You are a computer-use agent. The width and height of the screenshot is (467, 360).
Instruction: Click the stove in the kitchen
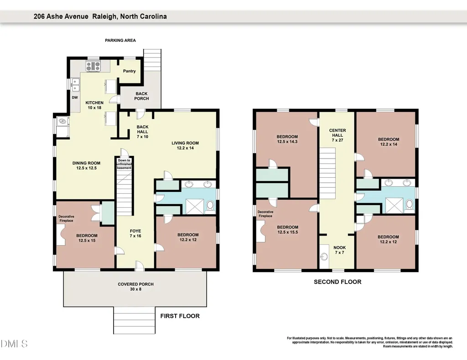click(93, 66)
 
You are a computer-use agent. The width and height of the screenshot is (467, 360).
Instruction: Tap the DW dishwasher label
click(75, 98)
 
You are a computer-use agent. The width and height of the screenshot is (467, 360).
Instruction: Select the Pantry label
click(129, 71)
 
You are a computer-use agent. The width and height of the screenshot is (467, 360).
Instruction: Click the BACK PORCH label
click(141, 96)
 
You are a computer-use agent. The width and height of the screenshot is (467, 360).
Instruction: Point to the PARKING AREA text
click(120, 41)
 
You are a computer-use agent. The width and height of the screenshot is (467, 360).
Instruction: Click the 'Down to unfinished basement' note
click(124, 164)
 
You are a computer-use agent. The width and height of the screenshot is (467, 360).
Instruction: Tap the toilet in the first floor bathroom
click(210, 206)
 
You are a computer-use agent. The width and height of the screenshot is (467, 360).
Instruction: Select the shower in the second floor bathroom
click(394, 206)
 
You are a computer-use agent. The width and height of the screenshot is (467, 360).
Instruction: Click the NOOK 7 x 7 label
click(339, 250)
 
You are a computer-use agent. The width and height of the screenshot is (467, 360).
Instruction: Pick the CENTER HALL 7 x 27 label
click(337, 135)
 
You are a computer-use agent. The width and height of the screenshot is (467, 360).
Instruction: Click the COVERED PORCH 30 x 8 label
click(135, 287)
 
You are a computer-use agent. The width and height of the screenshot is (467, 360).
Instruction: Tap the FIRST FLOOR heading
click(180, 316)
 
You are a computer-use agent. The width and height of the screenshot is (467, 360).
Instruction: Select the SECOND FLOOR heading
click(337, 282)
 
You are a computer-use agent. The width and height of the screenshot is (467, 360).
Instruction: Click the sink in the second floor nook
click(324, 256)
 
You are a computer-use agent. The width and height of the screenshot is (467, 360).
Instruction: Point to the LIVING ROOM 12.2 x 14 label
click(185, 145)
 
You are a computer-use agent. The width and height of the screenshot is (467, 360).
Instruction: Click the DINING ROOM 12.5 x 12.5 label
click(86, 165)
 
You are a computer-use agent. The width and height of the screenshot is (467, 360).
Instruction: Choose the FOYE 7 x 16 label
click(135, 233)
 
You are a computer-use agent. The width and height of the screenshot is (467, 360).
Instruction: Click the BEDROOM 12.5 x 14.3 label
click(287, 139)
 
